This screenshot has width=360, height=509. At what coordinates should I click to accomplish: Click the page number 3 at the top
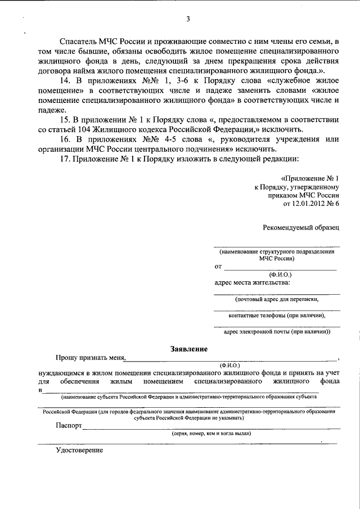pos(188,20)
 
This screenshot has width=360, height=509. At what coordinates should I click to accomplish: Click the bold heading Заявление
pos(189,349)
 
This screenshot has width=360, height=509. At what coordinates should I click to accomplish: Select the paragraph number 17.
pos(71,160)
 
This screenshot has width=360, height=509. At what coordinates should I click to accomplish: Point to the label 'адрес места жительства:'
pos(253,282)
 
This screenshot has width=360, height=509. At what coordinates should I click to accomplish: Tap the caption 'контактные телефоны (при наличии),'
pos(277,316)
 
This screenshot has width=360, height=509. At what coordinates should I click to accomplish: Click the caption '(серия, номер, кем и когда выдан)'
pos(211,434)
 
